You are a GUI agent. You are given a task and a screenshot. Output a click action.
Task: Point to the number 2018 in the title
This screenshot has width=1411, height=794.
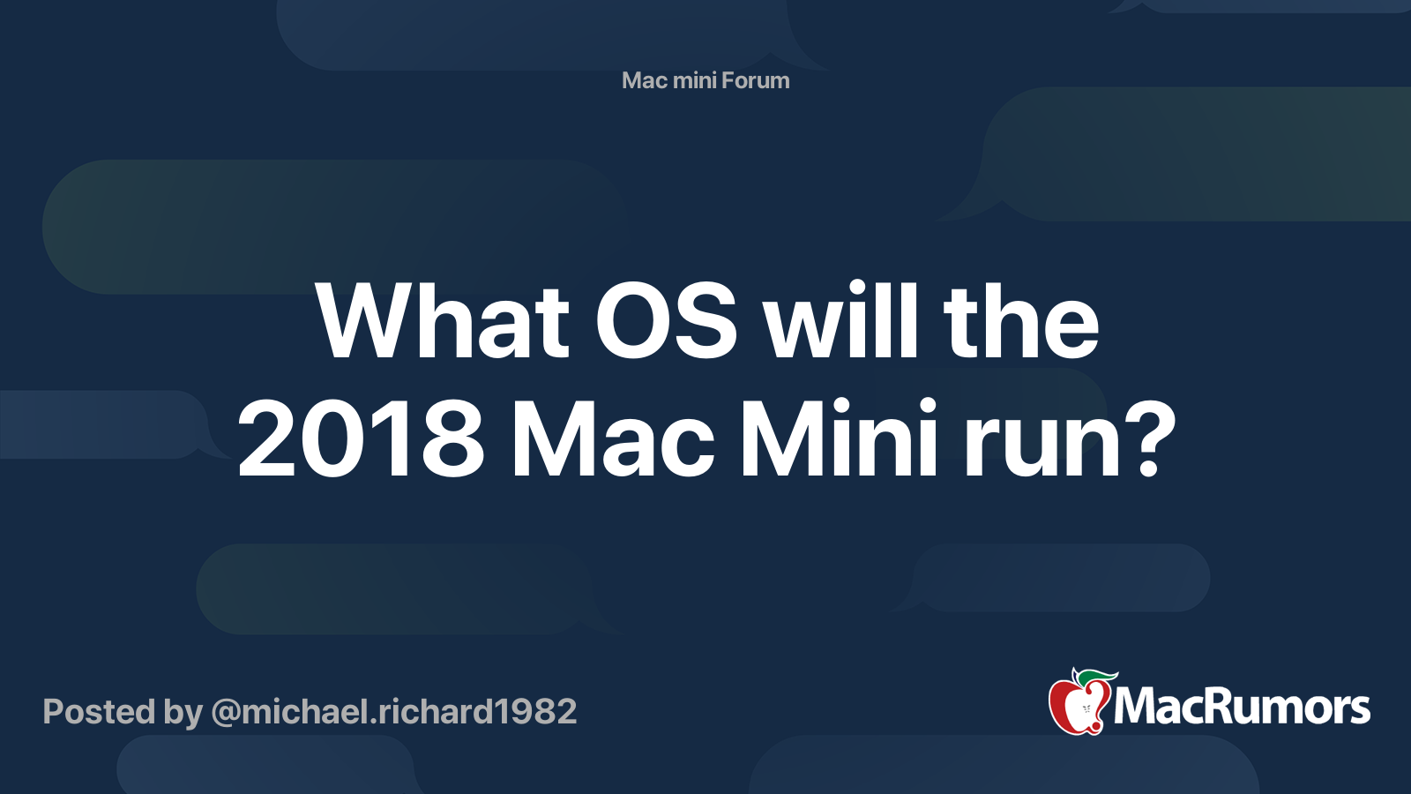point(361,439)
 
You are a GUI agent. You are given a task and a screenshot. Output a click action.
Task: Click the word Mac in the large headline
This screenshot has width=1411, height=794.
point(613,439)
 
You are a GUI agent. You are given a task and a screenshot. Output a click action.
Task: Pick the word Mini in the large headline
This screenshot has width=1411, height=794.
point(839,439)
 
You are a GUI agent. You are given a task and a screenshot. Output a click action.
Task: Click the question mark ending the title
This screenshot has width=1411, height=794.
point(1147,439)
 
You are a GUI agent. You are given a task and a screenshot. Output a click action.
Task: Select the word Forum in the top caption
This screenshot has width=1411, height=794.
point(755,80)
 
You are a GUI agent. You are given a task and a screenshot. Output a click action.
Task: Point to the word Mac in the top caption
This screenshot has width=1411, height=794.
point(644,80)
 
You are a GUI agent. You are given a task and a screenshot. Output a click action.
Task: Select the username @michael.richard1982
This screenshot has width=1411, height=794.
point(394,712)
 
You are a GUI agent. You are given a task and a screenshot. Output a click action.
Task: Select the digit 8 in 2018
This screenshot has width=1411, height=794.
point(452,439)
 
